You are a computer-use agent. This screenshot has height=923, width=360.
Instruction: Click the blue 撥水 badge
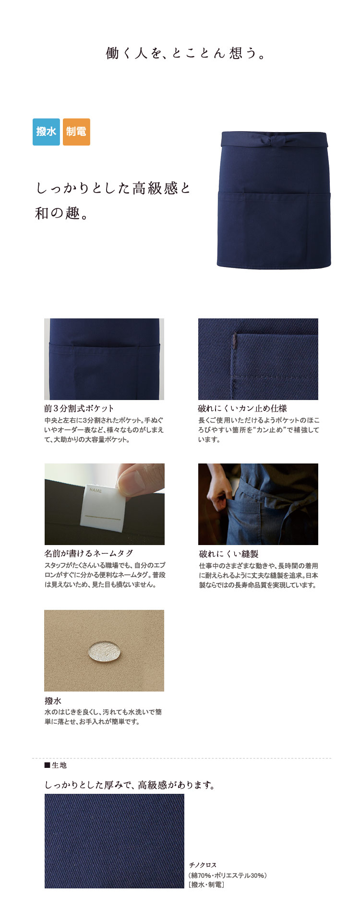(46, 132)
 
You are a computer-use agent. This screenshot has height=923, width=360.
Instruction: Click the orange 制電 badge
(76, 132)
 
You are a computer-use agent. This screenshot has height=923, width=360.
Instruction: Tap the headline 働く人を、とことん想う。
(186, 53)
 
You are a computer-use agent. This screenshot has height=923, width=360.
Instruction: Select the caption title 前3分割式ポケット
(79, 409)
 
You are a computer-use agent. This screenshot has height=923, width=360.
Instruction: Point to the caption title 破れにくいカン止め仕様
(242, 409)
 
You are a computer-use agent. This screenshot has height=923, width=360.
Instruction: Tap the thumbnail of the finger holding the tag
(105, 504)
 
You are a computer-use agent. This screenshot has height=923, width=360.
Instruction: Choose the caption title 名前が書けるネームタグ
(89, 554)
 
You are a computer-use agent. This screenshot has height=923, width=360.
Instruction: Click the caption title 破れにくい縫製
(228, 554)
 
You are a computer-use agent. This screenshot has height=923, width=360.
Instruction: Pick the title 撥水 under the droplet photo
(53, 701)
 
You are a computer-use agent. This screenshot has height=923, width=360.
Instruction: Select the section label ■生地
(55, 765)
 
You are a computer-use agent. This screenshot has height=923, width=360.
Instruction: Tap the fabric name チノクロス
(203, 865)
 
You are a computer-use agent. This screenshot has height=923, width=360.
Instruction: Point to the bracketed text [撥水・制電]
(206, 885)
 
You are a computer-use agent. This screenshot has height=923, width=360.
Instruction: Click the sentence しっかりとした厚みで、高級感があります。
(130, 785)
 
